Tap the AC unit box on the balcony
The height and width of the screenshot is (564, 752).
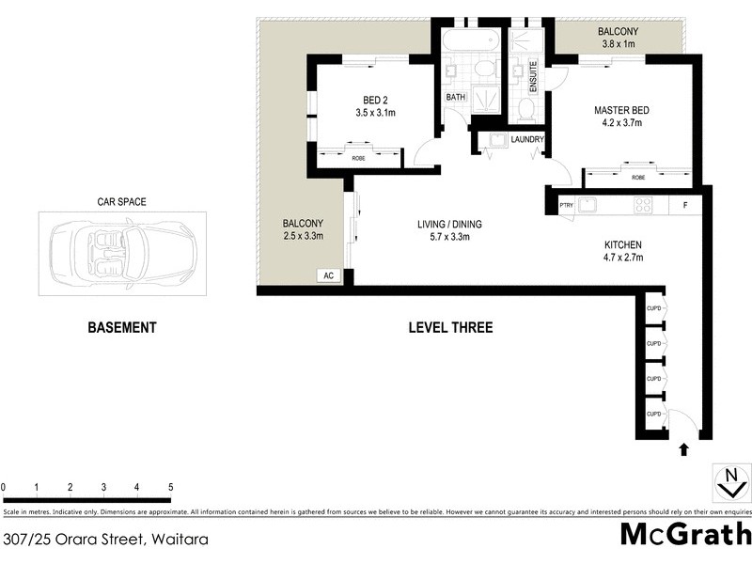point(329,276)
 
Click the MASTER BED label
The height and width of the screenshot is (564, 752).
point(621,110)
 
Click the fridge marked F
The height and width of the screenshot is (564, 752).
point(684,204)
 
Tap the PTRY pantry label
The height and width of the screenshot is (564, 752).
point(566,205)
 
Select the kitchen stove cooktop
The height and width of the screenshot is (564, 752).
point(643,204)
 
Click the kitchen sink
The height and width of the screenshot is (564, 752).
point(589,204)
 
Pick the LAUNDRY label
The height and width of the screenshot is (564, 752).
point(528,140)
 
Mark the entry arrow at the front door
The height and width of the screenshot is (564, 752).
point(683,450)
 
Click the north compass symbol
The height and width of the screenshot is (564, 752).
point(728,483)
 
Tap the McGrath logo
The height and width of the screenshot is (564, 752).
point(686,533)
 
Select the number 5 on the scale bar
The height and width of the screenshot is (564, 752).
point(170,487)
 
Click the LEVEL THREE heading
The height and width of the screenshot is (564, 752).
point(450,328)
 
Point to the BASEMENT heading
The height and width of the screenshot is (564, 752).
point(121,328)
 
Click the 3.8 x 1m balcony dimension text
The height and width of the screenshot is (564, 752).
point(617,44)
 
